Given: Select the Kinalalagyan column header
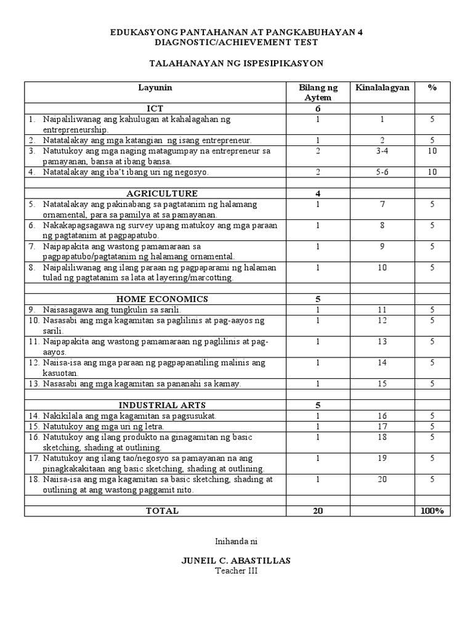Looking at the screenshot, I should click(x=382, y=88).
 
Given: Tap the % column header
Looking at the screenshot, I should click(x=432, y=88).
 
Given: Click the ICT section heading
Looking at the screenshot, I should click(x=155, y=108).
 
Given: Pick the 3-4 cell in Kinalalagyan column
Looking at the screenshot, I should click(x=382, y=151).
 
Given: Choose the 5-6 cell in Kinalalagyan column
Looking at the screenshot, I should click(x=382, y=173).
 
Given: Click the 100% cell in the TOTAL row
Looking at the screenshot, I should click(x=432, y=511).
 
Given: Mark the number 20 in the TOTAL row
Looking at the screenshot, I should click(x=318, y=511).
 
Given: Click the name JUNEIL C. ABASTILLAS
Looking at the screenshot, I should click(x=236, y=560).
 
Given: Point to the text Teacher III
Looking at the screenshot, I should click(x=236, y=571).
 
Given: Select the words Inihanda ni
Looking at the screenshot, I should click(x=236, y=541).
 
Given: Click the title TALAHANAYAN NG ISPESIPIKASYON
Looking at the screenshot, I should click(x=236, y=63).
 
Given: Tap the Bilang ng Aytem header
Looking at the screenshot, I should click(x=318, y=93).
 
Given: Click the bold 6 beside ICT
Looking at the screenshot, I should click(x=318, y=108).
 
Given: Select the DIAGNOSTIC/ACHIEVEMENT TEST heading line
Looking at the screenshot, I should click(x=236, y=42).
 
